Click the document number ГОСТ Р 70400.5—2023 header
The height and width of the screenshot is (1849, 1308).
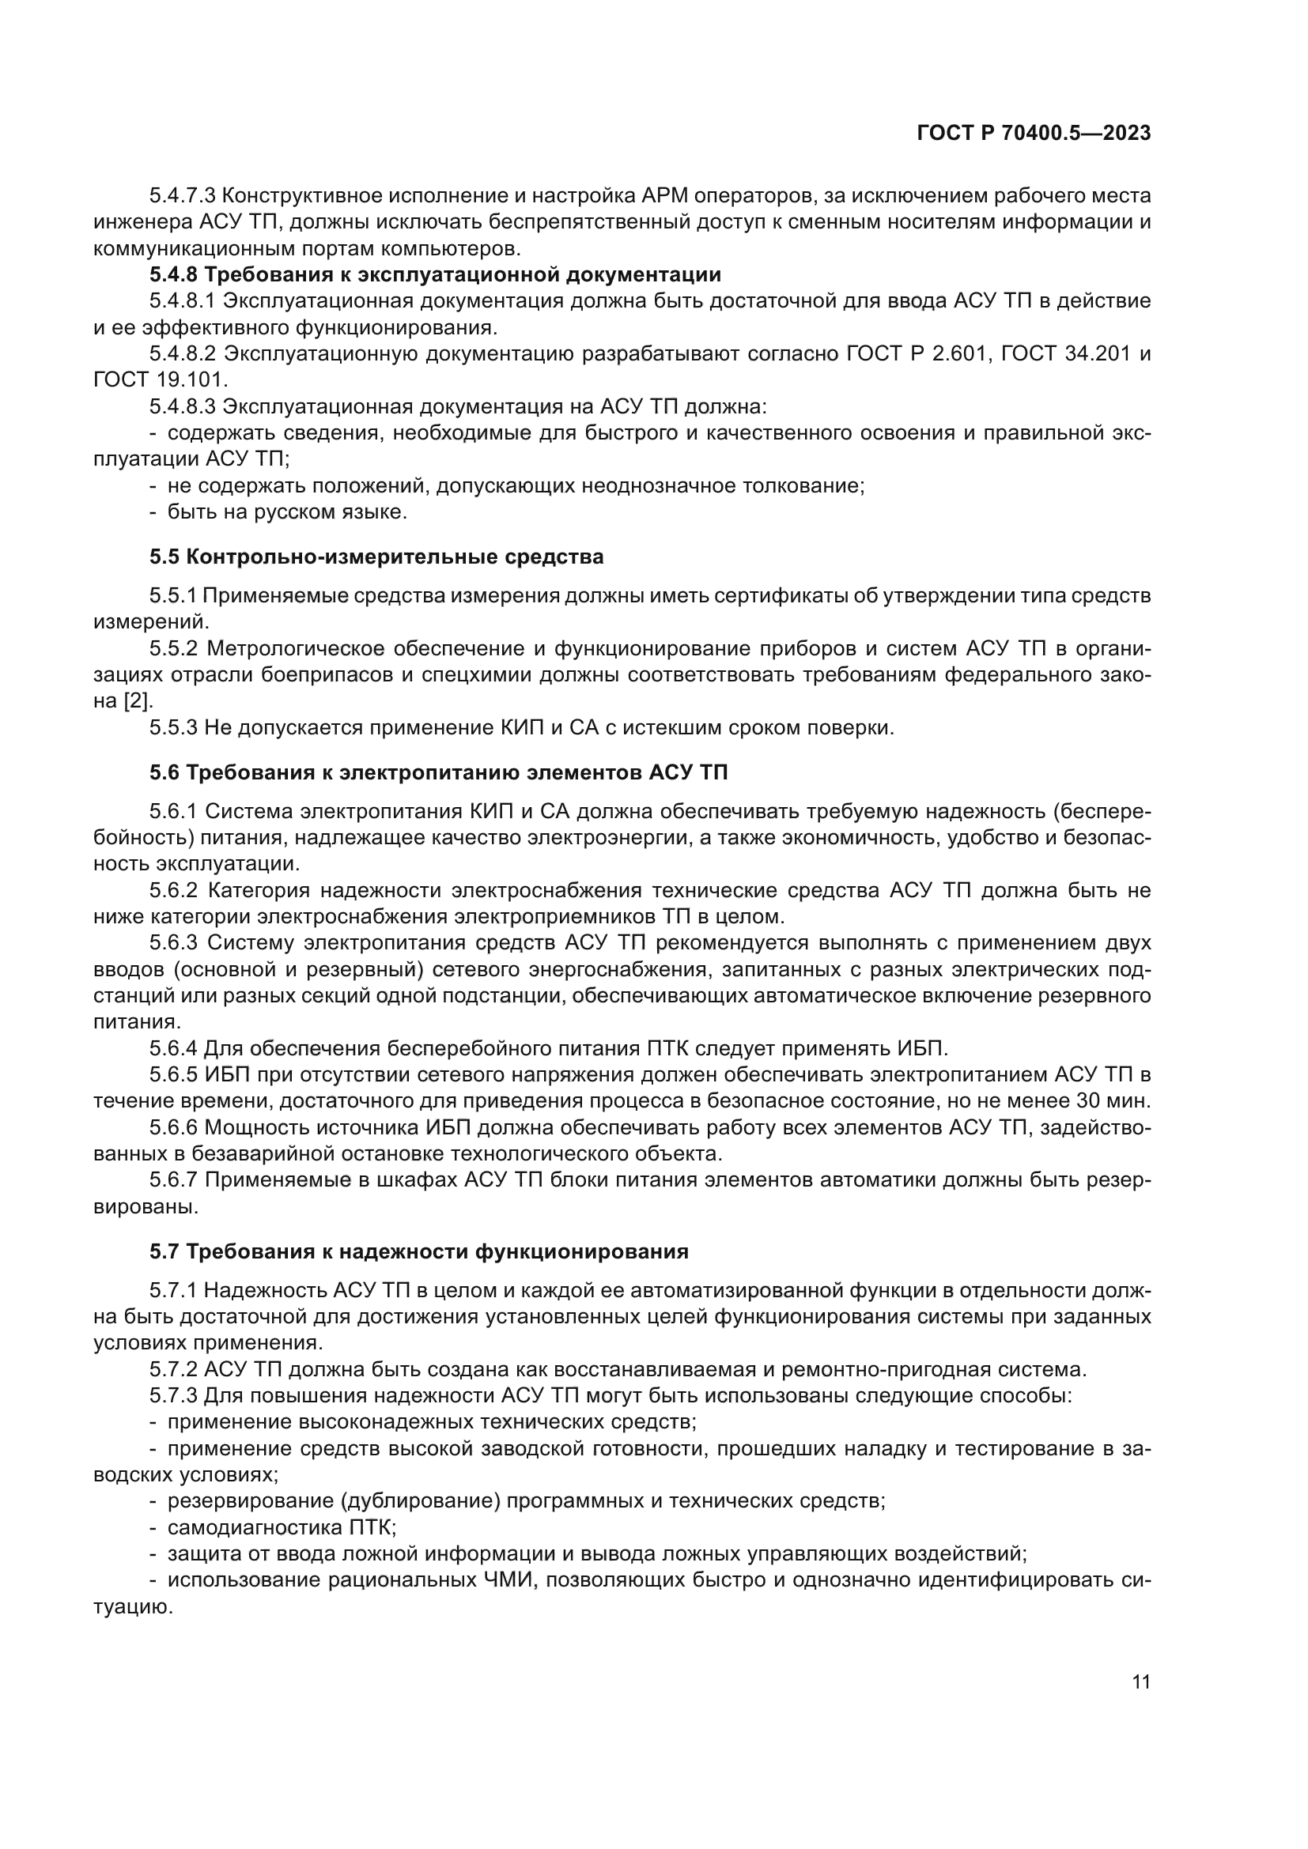[x=1034, y=134]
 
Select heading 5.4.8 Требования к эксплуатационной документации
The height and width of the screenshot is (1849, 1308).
[x=435, y=274]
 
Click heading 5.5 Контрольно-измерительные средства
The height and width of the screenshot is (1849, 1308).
[x=376, y=557]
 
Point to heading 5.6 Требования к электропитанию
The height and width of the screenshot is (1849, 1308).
[x=438, y=772]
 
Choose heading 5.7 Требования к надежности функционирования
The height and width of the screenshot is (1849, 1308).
[x=419, y=1251]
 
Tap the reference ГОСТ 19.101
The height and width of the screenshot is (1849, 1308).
[x=161, y=379]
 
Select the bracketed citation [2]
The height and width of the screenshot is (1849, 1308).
[x=136, y=701]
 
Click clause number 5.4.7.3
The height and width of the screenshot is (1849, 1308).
[x=182, y=196]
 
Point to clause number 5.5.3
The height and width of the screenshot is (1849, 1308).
[x=173, y=728]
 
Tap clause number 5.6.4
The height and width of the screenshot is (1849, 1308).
[x=173, y=1048]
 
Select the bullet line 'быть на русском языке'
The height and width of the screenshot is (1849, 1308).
[x=287, y=512]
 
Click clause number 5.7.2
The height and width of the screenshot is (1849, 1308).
[x=173, y=1370]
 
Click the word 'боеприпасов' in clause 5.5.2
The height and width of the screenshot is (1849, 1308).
[x=326, y=675]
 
